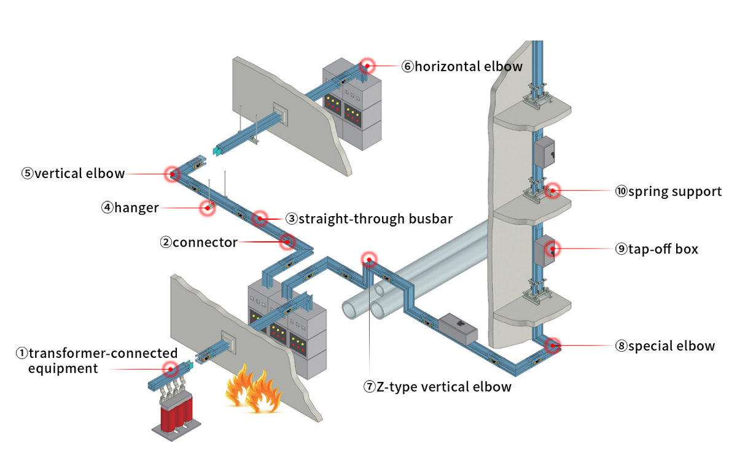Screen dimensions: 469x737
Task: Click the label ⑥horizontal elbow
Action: tap(462, 66)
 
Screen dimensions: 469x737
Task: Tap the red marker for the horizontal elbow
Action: tap(367, 64)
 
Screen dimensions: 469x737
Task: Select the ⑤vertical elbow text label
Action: tap(73, 174)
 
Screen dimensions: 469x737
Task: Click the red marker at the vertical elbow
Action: tap(173, 174)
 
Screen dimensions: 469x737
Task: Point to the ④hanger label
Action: tap(130, 208)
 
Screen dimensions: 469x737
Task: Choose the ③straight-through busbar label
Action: tap(369, 219)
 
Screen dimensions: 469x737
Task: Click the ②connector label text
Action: tap(198, 242)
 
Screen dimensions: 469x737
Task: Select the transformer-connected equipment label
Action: tap(96, 361)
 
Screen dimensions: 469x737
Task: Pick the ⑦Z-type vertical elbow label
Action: tap(437, 387)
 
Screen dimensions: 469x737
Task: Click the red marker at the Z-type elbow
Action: tap(369, 259)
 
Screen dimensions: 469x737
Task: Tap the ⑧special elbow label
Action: tap(665, 346)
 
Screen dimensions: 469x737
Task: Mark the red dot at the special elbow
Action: tap(553, 346)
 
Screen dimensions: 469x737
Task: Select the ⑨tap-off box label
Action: tap(657, 249)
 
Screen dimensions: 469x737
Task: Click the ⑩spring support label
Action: tap(668, 192)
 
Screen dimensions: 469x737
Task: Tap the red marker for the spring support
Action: tap(553, 191)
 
